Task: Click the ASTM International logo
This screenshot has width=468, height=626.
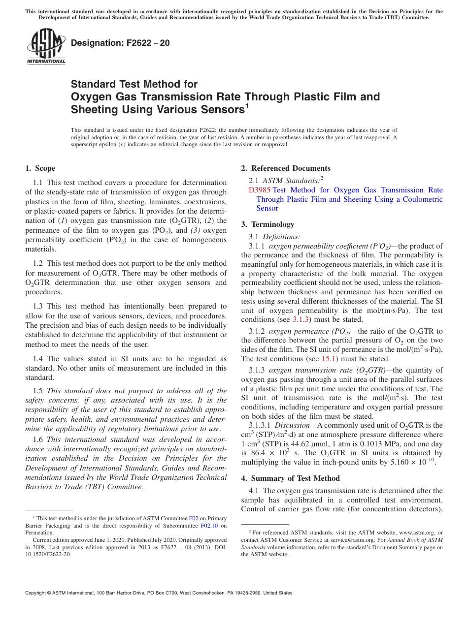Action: click(45, 47)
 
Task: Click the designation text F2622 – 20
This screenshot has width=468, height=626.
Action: click(120, 43)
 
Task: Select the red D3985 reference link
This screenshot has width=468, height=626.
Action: click(260, 190)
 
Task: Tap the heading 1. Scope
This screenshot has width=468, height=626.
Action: click(40, 168)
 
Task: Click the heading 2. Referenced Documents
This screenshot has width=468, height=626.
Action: click(286, 168)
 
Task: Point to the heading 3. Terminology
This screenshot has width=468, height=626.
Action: click(267, 224)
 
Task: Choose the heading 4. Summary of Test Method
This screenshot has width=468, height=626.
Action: click(290, 478)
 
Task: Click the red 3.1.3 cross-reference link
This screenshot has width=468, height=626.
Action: click(301, 319)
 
